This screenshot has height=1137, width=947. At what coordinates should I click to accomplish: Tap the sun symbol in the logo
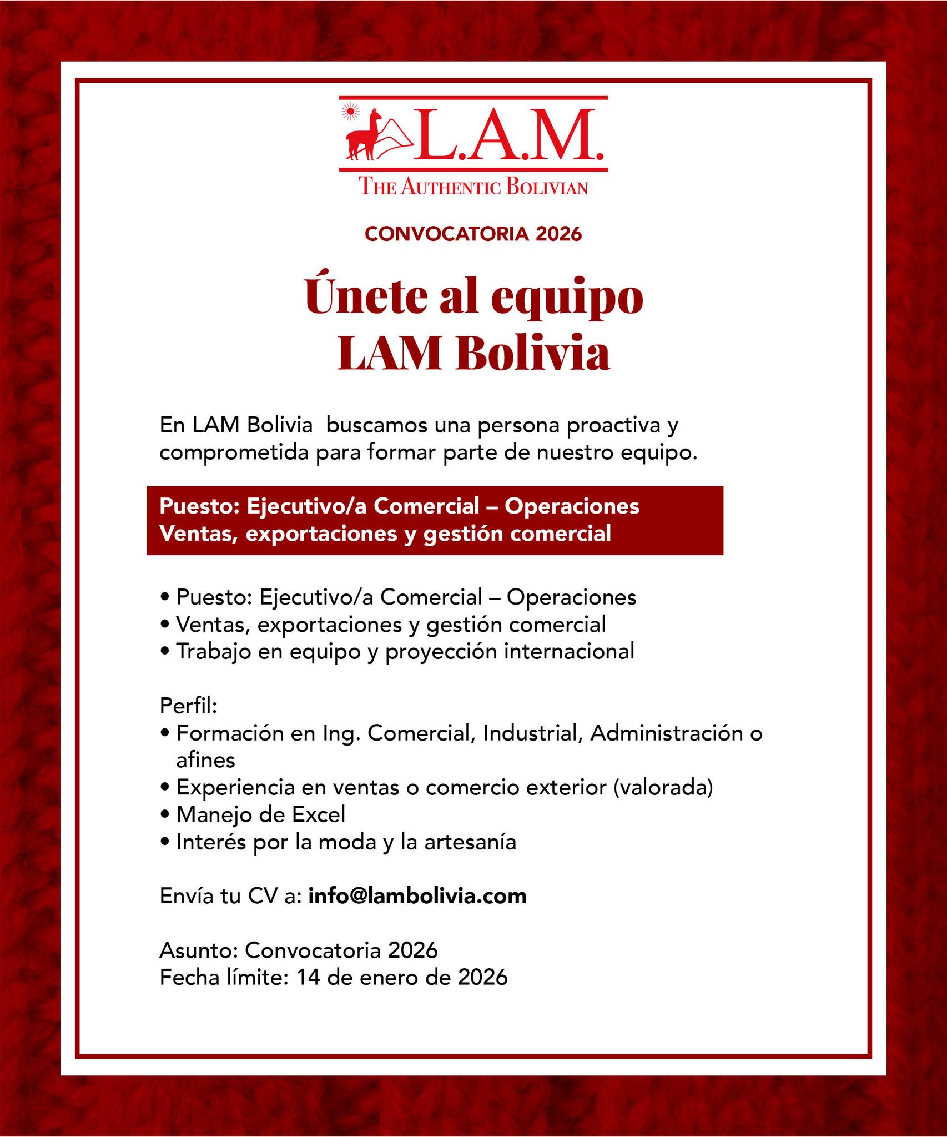coord(350,112)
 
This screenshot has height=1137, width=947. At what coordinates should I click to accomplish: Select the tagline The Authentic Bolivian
coord(473,187)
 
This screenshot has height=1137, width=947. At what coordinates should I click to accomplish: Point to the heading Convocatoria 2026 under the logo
coord(473,234)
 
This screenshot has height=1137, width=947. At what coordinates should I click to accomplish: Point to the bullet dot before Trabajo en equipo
coord(164,652)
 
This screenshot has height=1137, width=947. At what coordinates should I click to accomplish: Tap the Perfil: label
coord(188,706)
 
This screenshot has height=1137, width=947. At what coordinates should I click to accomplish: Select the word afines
coord(205,759)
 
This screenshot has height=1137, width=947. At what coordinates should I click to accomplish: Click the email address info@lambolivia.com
coord(417,896)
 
